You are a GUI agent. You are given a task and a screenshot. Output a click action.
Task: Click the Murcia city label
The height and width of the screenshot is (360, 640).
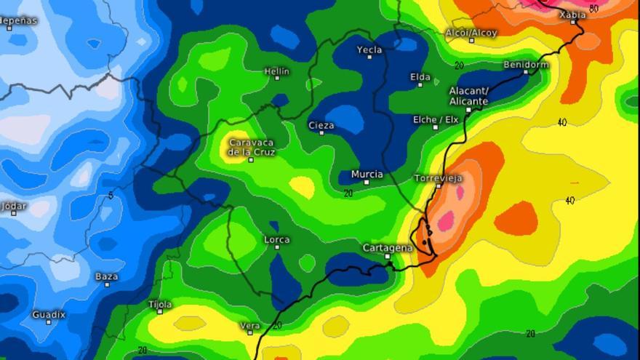[x=367, y=174]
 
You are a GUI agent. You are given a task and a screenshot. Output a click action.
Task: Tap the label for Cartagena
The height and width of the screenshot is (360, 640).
[x=388, y=248]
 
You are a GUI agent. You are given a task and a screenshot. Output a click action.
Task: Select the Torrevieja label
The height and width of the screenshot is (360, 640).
[x=438, y=177]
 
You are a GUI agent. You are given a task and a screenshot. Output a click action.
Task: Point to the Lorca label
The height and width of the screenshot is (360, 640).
[x=277, y=239]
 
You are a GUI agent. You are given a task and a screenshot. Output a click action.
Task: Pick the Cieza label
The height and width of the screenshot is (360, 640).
[x=321, y=125]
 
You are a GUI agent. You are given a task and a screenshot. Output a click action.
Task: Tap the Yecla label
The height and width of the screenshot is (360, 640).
[x=369, y=49]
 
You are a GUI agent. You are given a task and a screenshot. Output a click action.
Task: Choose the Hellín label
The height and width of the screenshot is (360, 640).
[x=276, y=71]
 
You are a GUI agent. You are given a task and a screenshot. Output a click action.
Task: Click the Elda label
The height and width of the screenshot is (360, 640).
[x=420, y=77]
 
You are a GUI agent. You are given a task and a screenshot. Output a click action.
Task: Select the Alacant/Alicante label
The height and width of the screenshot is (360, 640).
[x=468, y=95]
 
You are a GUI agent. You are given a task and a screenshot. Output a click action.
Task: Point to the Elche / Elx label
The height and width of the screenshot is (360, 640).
[x=436, y=119]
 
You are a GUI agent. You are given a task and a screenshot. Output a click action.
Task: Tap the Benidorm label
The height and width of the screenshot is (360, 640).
[x=526, y=64]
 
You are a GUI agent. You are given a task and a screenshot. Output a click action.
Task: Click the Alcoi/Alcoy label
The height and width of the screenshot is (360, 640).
[x=471, y=33]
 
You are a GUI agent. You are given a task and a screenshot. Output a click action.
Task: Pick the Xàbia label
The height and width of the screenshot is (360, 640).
[x=572, y=14]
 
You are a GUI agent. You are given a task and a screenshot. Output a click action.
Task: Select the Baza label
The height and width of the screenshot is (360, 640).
[x=106, y=276]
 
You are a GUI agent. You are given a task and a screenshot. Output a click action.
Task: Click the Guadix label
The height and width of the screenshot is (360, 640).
[x=49, y=314]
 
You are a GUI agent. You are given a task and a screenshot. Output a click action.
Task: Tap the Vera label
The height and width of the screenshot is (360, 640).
[x=250, y=325]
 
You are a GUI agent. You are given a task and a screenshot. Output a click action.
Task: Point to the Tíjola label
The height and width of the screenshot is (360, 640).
[x=160, y=304]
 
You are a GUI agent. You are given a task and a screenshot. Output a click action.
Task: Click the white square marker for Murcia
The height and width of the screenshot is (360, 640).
[x=367, y=183]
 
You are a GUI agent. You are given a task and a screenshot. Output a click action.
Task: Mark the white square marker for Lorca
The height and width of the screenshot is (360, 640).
[x=277, y=248]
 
